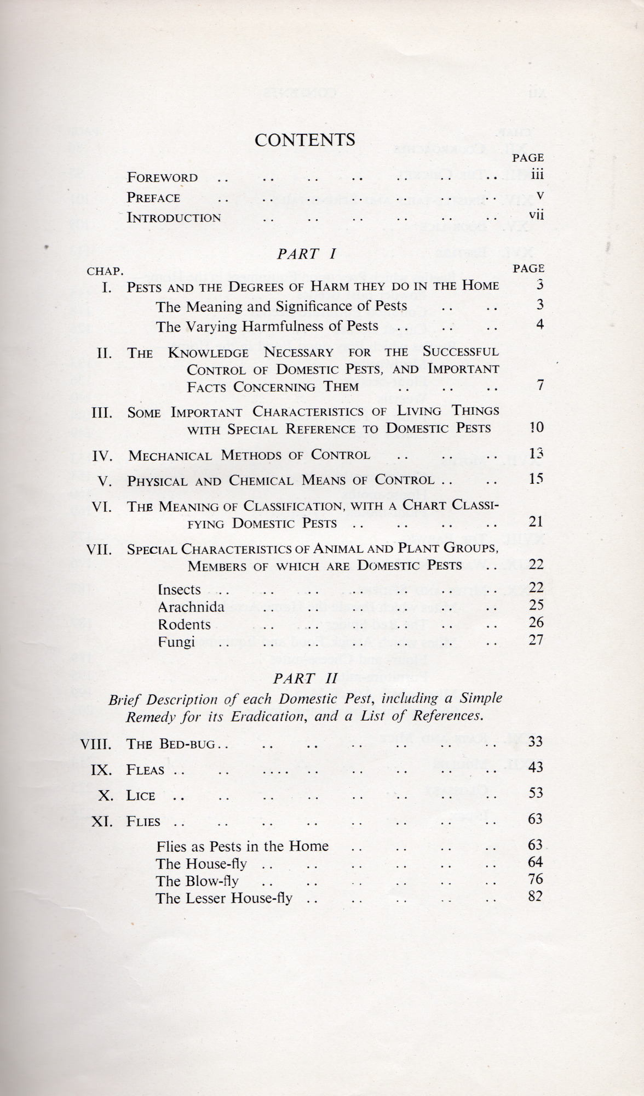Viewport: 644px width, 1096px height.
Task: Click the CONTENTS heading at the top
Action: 304,140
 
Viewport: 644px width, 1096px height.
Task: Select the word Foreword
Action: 162,178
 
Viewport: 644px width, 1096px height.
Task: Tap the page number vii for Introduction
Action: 536,215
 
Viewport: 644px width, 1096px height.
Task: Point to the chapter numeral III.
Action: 102,413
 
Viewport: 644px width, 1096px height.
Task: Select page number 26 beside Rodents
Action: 536,623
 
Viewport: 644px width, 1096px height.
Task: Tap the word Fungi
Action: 176,642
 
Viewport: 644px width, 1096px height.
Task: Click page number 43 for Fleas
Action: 536,767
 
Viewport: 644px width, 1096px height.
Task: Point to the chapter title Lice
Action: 141,796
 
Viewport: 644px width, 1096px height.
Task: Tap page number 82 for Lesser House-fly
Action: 536,897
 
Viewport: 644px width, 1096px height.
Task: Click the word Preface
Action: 153,198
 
